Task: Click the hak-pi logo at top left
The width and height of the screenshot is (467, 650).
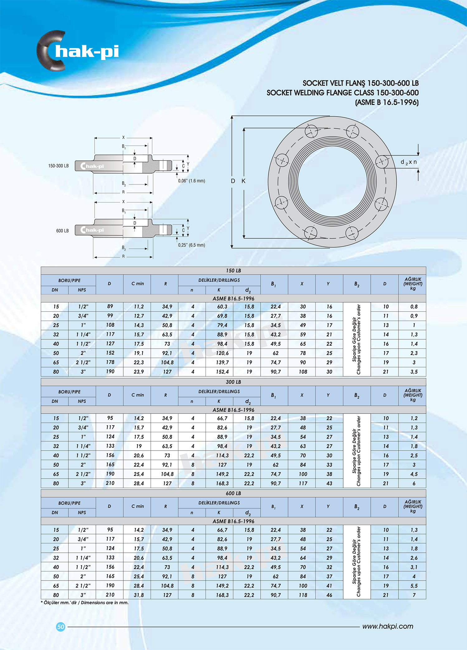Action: tap(78, 51)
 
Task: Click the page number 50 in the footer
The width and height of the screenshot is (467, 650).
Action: tap(61, 627)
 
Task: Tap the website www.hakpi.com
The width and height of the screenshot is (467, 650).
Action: tap(388, 626)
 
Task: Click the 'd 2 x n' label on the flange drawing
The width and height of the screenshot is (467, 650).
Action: tap(408, 162)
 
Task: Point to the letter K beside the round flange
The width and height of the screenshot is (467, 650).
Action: tap(243, 181)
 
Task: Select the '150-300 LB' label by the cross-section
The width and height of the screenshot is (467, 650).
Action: tap(58, 166)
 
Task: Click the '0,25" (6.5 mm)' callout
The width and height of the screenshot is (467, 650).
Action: tap(191, 245)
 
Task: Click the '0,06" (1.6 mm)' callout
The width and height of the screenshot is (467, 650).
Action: tap(191, 181)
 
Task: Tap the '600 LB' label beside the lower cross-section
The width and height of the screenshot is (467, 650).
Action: tap(62, 231)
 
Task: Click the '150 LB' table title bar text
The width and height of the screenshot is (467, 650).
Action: tap(233, 270)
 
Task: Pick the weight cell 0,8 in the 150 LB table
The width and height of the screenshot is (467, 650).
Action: tap(414, 307)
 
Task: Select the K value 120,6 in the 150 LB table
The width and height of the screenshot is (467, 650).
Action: tap(222, 353)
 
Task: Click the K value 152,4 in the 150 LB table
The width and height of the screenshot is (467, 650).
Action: tap(222, 372)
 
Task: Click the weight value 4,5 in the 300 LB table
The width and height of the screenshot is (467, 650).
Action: tap(414, 474)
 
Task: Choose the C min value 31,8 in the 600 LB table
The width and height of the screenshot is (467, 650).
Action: tap(139, 595)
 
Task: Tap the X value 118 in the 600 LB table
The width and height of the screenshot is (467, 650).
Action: tap(303, 595)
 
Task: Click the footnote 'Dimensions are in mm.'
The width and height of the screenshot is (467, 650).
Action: tap(105, 603)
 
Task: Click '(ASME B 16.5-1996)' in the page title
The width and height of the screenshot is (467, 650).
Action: tap(387, 102)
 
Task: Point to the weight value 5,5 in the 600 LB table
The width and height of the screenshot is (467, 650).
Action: tap(414, 585)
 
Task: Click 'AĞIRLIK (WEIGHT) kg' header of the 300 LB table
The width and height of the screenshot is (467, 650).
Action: tap(413, 395)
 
